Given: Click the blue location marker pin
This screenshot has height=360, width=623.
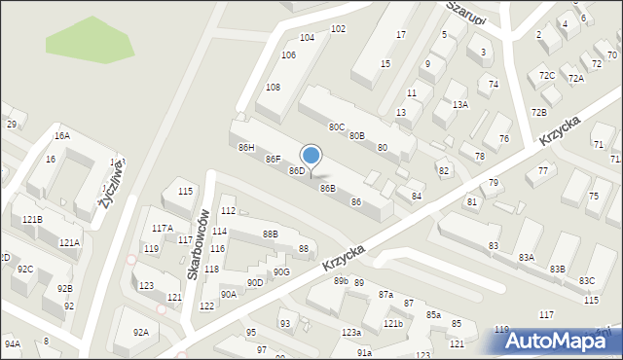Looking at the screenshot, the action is (x=311, y=157).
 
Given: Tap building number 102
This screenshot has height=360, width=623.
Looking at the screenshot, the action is (x=338, y=29).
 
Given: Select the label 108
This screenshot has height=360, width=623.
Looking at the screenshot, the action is (x=274, y=88).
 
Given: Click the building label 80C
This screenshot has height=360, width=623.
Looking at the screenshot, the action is (x=336, y=126).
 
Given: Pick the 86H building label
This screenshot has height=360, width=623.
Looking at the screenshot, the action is (x=246, y=147).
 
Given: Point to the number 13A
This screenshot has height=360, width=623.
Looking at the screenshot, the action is (x=459, y=104).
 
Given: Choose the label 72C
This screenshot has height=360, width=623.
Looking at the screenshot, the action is (x=547, y=75).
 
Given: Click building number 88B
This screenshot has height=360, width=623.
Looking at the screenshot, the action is (x=270, y=234).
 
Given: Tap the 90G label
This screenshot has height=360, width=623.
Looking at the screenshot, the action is (x=281, y=271).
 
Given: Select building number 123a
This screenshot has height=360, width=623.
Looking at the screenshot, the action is (x=351, y=333).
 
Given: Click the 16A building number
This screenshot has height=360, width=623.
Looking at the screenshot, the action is (x=62, y=136).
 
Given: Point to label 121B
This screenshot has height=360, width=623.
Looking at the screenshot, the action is (x=32, y=219).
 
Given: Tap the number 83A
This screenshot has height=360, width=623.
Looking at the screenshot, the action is (x=526, y=257).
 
